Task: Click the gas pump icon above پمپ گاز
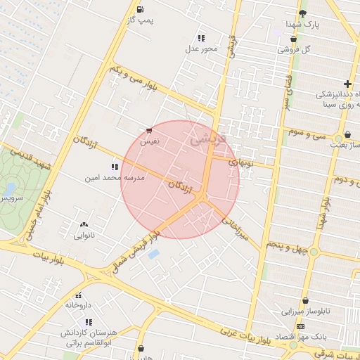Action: tap(141, 10)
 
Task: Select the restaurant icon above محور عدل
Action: tap(202, 38)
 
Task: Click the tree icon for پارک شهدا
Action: tap(302, 13)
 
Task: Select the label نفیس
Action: tap(149, 142)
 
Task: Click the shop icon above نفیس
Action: tap(148, 131)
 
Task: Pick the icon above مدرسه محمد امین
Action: tap(114, 167)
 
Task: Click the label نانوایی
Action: tap(84, 236)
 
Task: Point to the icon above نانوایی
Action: tap(84, 224)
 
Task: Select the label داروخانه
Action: tap(79, 306)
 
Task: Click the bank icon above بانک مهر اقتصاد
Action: tap(301, 327)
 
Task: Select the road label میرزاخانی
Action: tap(236, 229)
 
